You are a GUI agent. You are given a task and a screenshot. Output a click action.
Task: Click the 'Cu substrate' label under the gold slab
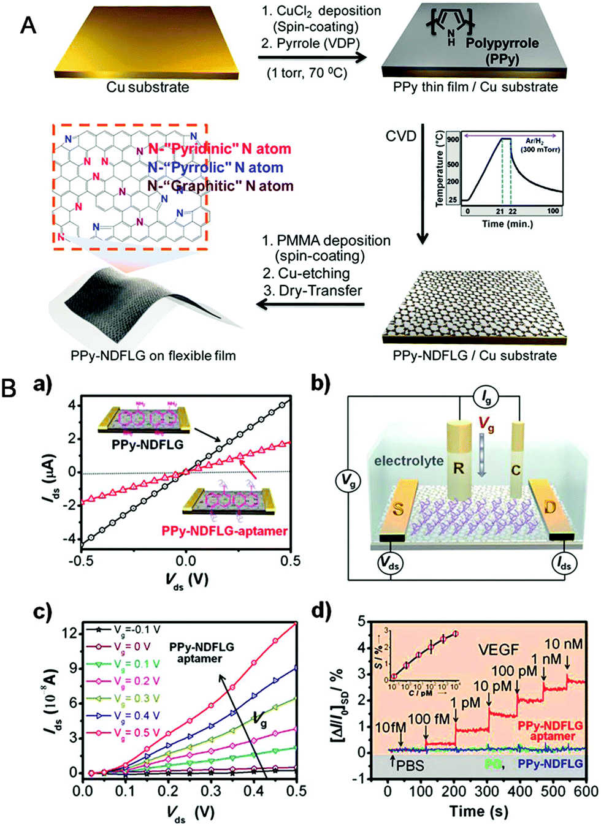click(x=148, y=87)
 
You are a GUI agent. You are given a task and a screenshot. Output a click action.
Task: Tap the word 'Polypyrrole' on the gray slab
click(x=502, y=44)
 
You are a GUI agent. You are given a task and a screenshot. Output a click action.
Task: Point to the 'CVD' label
click(x=401, y=135)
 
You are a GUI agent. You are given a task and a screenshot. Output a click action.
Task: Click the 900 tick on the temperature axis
click(x=453, y=140)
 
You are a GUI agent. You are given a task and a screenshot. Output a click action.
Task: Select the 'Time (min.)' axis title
click(x=507, y=224)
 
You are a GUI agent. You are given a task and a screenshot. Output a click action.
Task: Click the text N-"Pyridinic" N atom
click(x=220, y=149)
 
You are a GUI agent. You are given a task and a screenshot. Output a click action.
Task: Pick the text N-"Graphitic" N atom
click(x=221, y=186)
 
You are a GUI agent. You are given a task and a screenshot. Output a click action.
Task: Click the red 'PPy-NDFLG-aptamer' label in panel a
click(x=224, y=531)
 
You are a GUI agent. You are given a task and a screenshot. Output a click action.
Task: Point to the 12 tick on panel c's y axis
click(x=69, y=632)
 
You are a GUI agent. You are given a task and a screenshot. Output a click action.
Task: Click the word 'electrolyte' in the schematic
click(x=408, y=460)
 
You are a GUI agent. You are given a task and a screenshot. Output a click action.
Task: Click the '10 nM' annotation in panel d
click(x=564, y=644)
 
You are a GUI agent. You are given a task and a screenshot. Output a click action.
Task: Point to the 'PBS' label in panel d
click(x=410, y=765)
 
